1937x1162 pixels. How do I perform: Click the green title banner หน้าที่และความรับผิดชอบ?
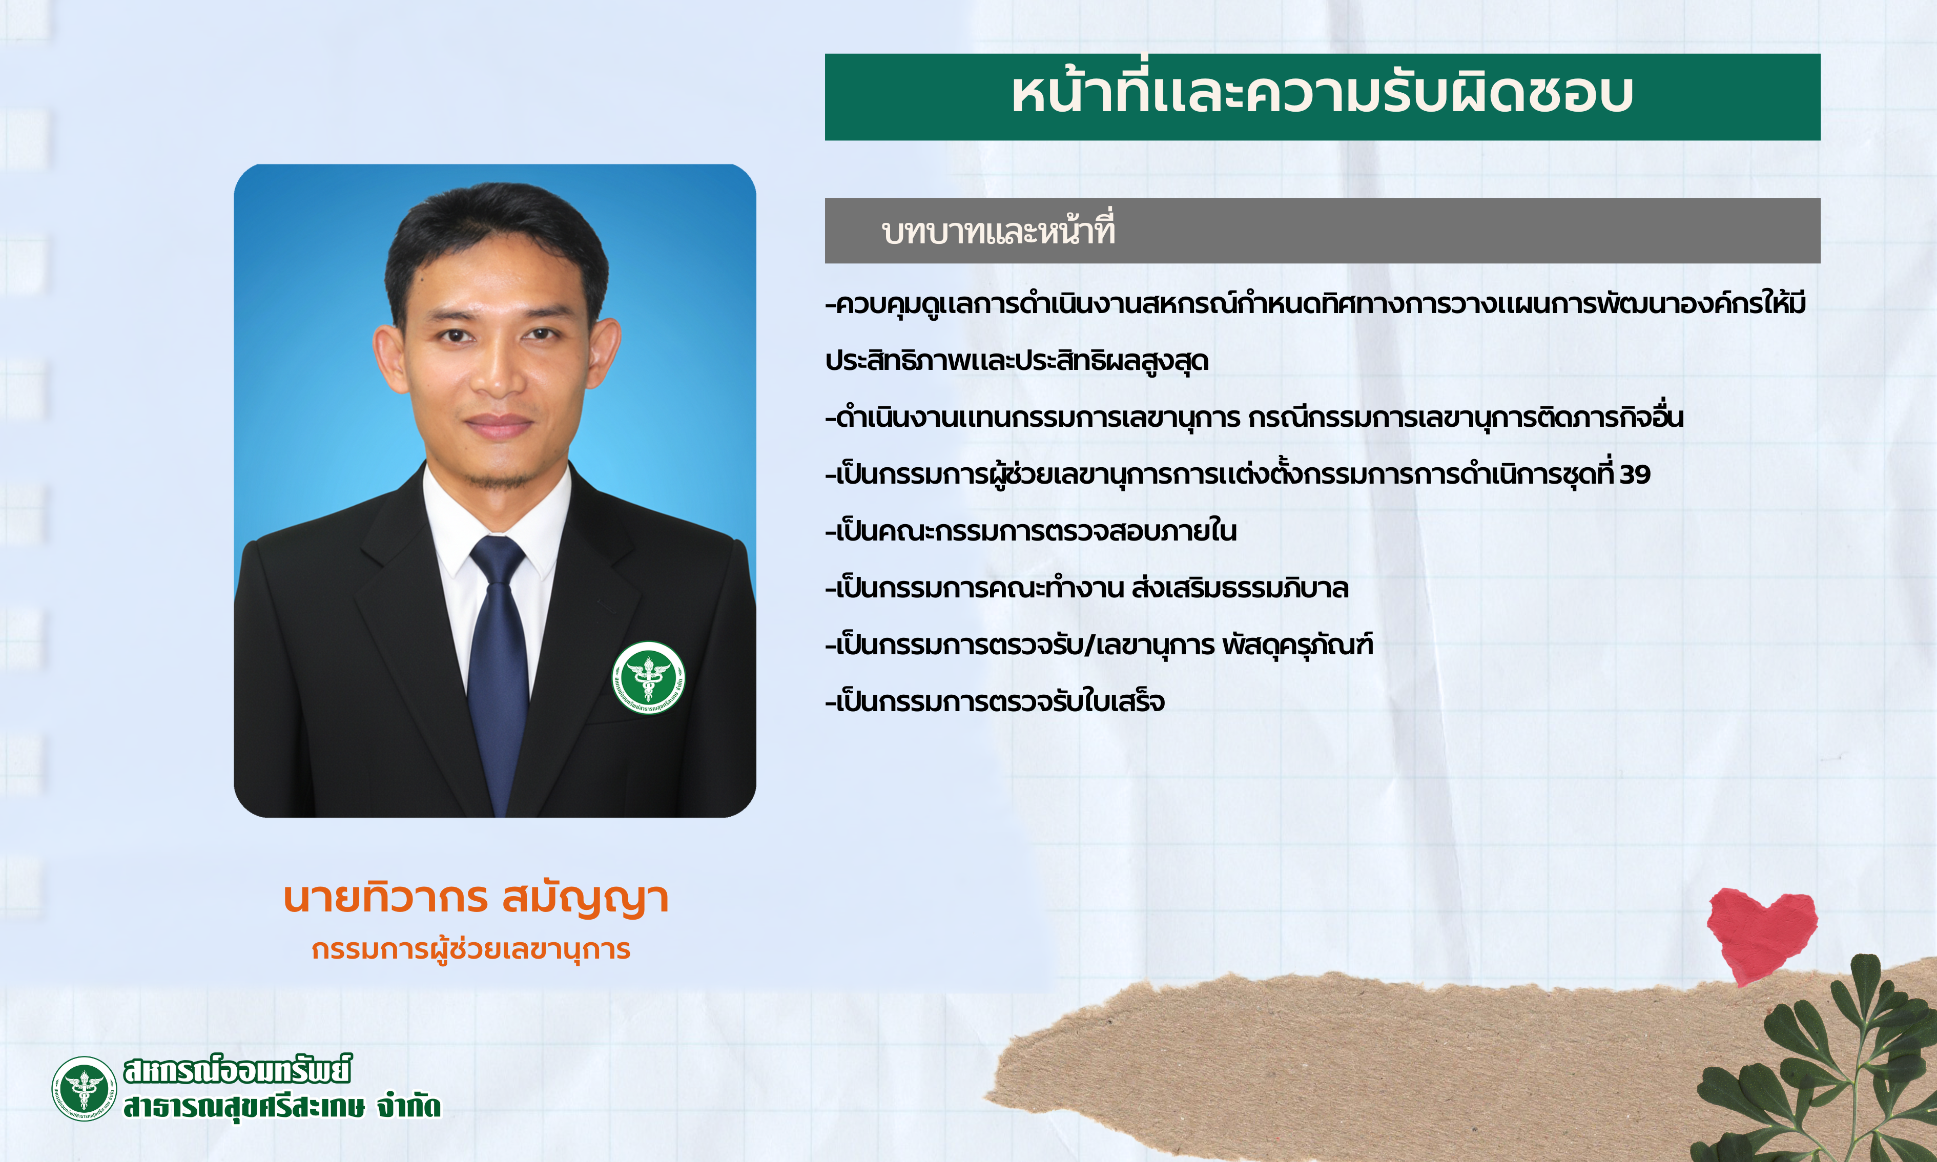click(1323, 97)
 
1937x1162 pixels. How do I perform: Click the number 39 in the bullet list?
click(1635, 474)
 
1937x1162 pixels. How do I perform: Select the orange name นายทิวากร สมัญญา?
click(475, 899)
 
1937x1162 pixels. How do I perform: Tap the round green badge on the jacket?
click(648, 677)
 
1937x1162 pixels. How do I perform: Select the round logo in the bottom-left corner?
click(84, 1088)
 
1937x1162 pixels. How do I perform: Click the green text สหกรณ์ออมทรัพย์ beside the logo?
click(237, 1070)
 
